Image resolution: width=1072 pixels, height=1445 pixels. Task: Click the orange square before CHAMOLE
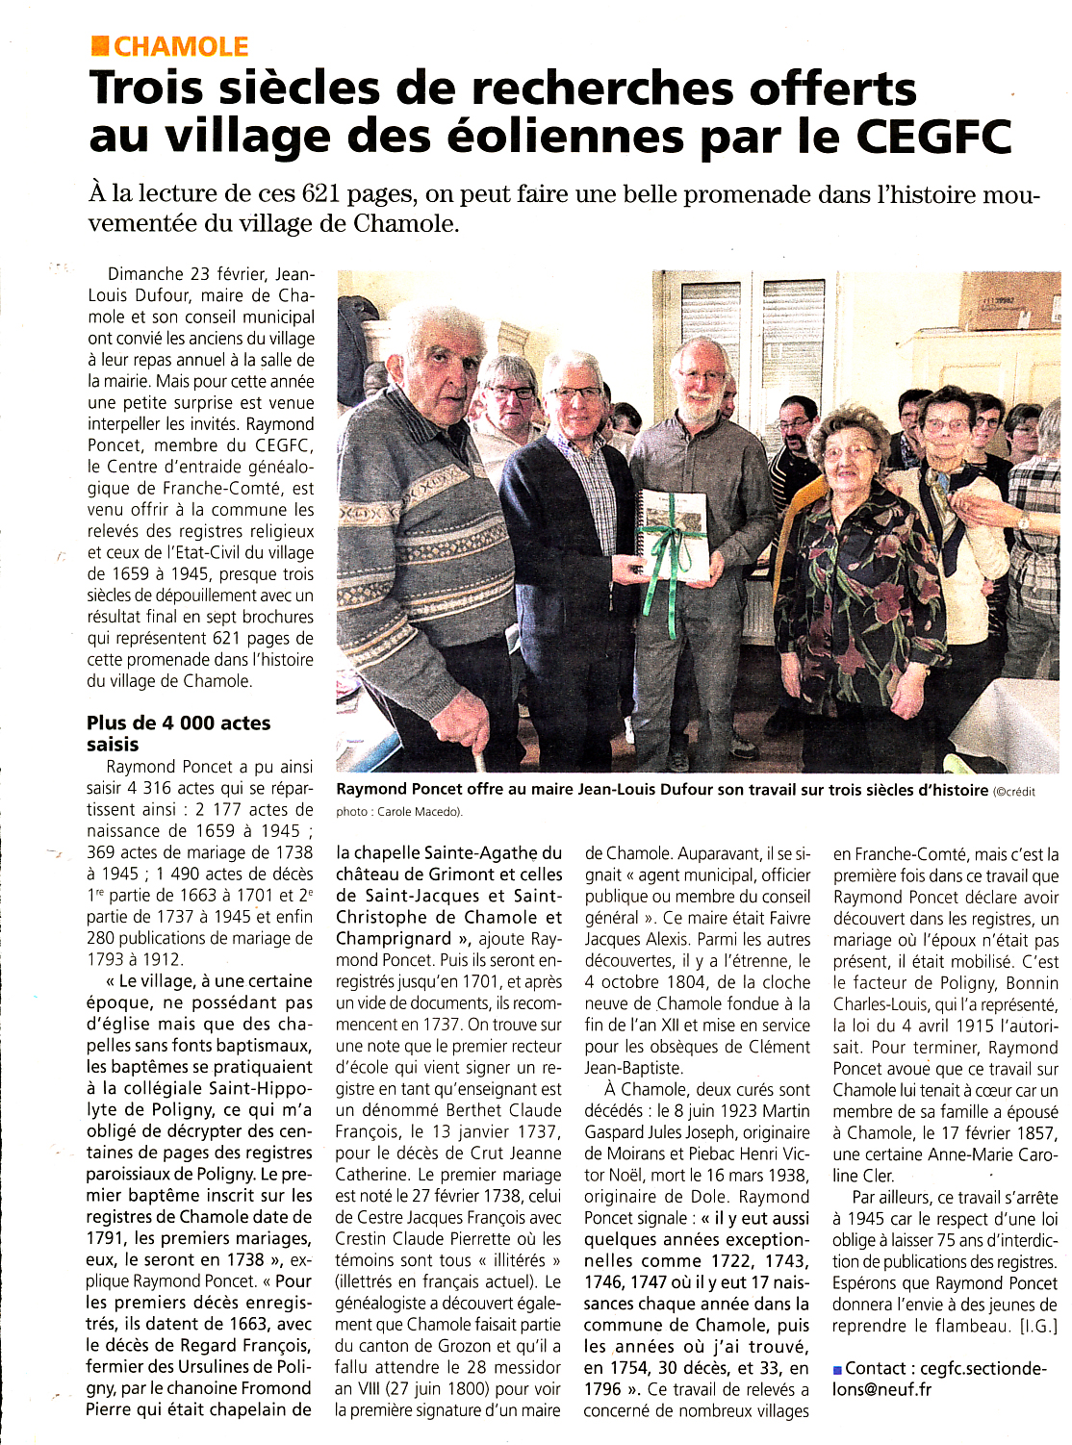coord(99,45)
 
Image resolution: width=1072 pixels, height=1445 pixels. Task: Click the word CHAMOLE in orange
coord(181,46)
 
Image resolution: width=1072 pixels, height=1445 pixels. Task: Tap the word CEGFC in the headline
coord(933,136)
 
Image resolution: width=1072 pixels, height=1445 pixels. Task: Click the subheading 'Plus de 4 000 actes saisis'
coord(178,733)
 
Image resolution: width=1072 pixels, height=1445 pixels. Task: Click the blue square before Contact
coord(837,1369)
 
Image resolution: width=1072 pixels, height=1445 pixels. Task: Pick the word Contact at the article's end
coord(875,1368)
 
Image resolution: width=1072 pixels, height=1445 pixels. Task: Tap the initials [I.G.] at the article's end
coord(1038,1326)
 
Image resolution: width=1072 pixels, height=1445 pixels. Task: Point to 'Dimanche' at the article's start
coord(144,274)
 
